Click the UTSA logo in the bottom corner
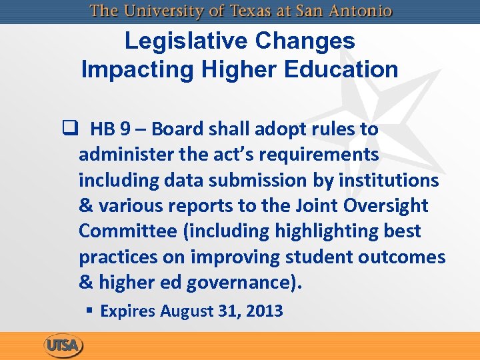coord(64,346)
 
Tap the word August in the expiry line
coord(183,311)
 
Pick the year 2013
coord(265,311)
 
